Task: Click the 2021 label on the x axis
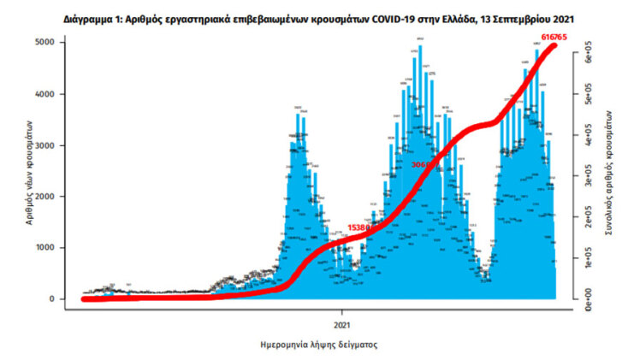342,325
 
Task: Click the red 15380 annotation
359,228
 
